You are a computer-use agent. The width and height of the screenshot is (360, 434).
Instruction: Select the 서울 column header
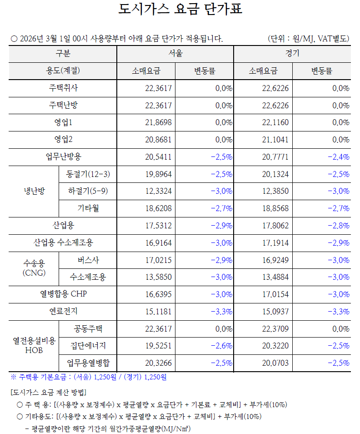point(175,54)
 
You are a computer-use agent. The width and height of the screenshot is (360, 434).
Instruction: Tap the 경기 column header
point(292,54)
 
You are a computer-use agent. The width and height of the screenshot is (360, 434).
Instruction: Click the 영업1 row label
point(63,122)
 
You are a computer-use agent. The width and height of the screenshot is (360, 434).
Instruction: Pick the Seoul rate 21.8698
point(158,122)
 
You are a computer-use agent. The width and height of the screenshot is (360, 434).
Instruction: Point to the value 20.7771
point(275,157)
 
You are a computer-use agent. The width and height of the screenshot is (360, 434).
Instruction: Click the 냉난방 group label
point(34,191)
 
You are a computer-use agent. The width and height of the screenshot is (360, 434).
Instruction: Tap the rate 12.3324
point(158,191)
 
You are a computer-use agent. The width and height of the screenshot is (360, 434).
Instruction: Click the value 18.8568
point(275,208)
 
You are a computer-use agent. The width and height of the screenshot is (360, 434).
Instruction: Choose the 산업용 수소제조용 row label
point(63,242)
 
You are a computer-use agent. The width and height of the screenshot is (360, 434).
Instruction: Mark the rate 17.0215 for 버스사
point(158,260)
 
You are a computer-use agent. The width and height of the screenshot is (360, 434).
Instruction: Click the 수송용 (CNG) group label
point(34,268)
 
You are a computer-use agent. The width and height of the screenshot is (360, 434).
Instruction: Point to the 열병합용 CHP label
point(63,294)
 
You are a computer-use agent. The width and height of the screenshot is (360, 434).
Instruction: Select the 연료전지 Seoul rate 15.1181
point(158,311)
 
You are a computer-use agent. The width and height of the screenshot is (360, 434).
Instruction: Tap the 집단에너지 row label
point(88,346)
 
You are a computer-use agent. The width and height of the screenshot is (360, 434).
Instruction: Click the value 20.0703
point(275,363)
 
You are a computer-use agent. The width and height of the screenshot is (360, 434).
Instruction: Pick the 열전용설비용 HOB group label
point(34,346)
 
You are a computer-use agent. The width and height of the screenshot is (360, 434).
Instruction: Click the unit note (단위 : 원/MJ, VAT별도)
point(308,39)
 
